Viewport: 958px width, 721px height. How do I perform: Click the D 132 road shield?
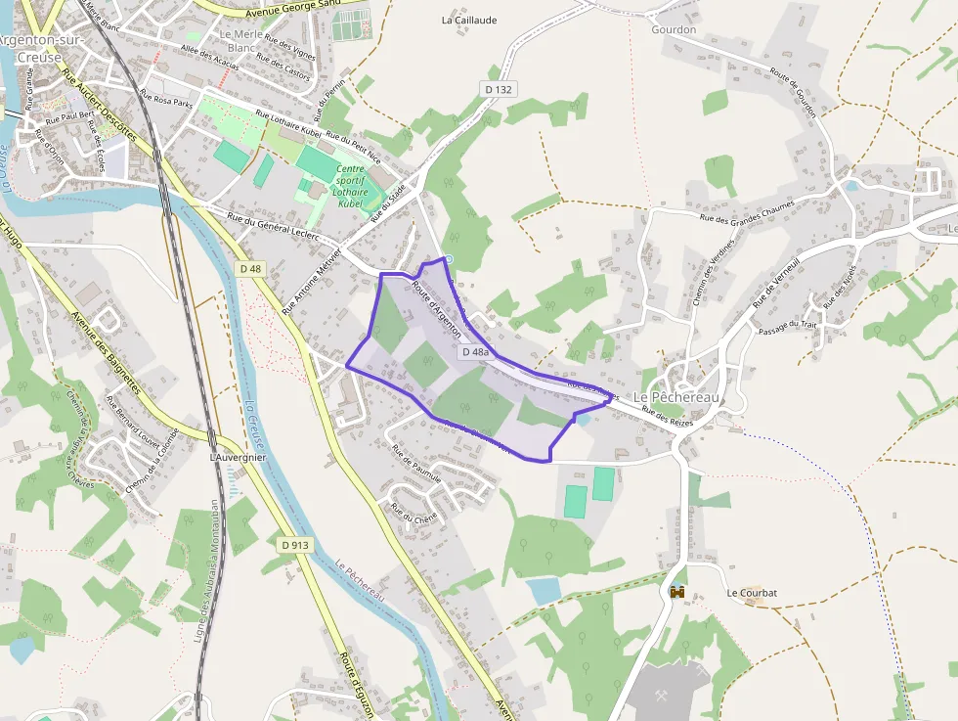tap(499, 89)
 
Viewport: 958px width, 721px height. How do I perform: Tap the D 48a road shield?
tap(475, 351)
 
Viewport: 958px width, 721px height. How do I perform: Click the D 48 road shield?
tap(250, 268)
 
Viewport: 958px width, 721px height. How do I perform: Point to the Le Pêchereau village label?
tap(675, 397)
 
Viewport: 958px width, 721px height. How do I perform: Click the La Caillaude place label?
tap(469, 20)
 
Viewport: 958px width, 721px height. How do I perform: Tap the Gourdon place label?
tap(674, 29)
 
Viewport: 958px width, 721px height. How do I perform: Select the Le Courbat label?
tap(751, 593)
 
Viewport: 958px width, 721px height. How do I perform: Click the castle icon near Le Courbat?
tap(676, 591)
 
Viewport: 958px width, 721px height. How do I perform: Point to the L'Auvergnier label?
tap(238, 457)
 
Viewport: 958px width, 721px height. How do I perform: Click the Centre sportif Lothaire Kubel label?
tap(350, 186)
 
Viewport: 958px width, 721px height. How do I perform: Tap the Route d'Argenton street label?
tap(436, 309)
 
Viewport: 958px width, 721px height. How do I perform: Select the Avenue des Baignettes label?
tap(107, 352)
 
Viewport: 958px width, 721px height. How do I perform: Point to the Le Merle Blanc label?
tap(240, 40)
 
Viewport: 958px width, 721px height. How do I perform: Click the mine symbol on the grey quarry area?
tap(662, 696)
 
